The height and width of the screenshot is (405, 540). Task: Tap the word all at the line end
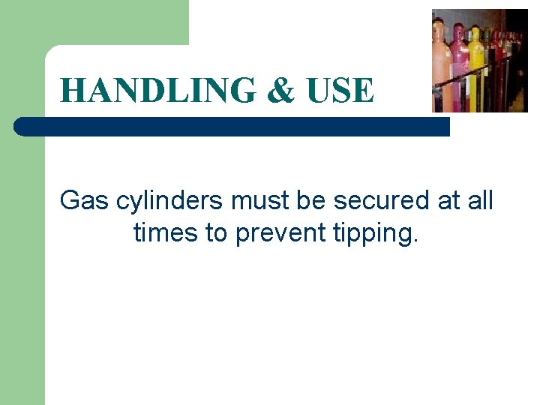479,200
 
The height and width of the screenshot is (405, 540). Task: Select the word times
166,232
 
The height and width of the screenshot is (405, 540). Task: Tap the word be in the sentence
309,200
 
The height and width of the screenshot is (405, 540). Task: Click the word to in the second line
217,232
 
